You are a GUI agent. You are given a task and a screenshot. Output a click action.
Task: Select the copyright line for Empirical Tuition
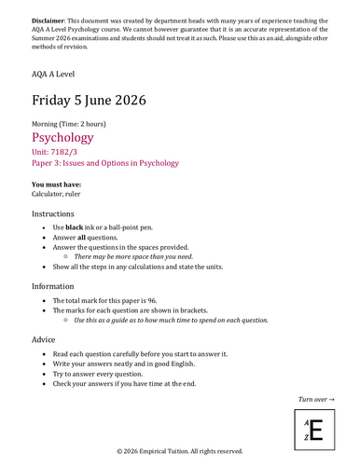click(180, 451)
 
